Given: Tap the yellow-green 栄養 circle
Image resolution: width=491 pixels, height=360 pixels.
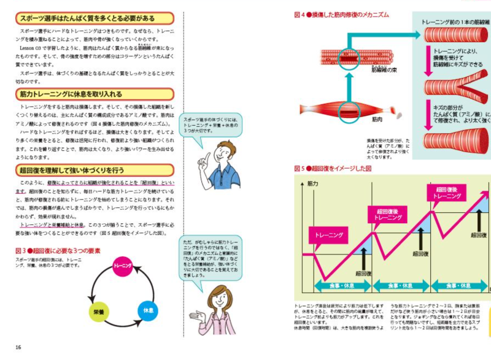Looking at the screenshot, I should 98,311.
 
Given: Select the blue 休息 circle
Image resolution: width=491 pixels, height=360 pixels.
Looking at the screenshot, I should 148,311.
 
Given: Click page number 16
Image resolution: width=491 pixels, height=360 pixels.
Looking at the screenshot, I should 18,347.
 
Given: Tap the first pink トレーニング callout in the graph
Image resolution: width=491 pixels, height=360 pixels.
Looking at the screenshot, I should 331,235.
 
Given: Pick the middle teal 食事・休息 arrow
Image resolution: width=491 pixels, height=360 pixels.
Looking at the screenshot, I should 399,285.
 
